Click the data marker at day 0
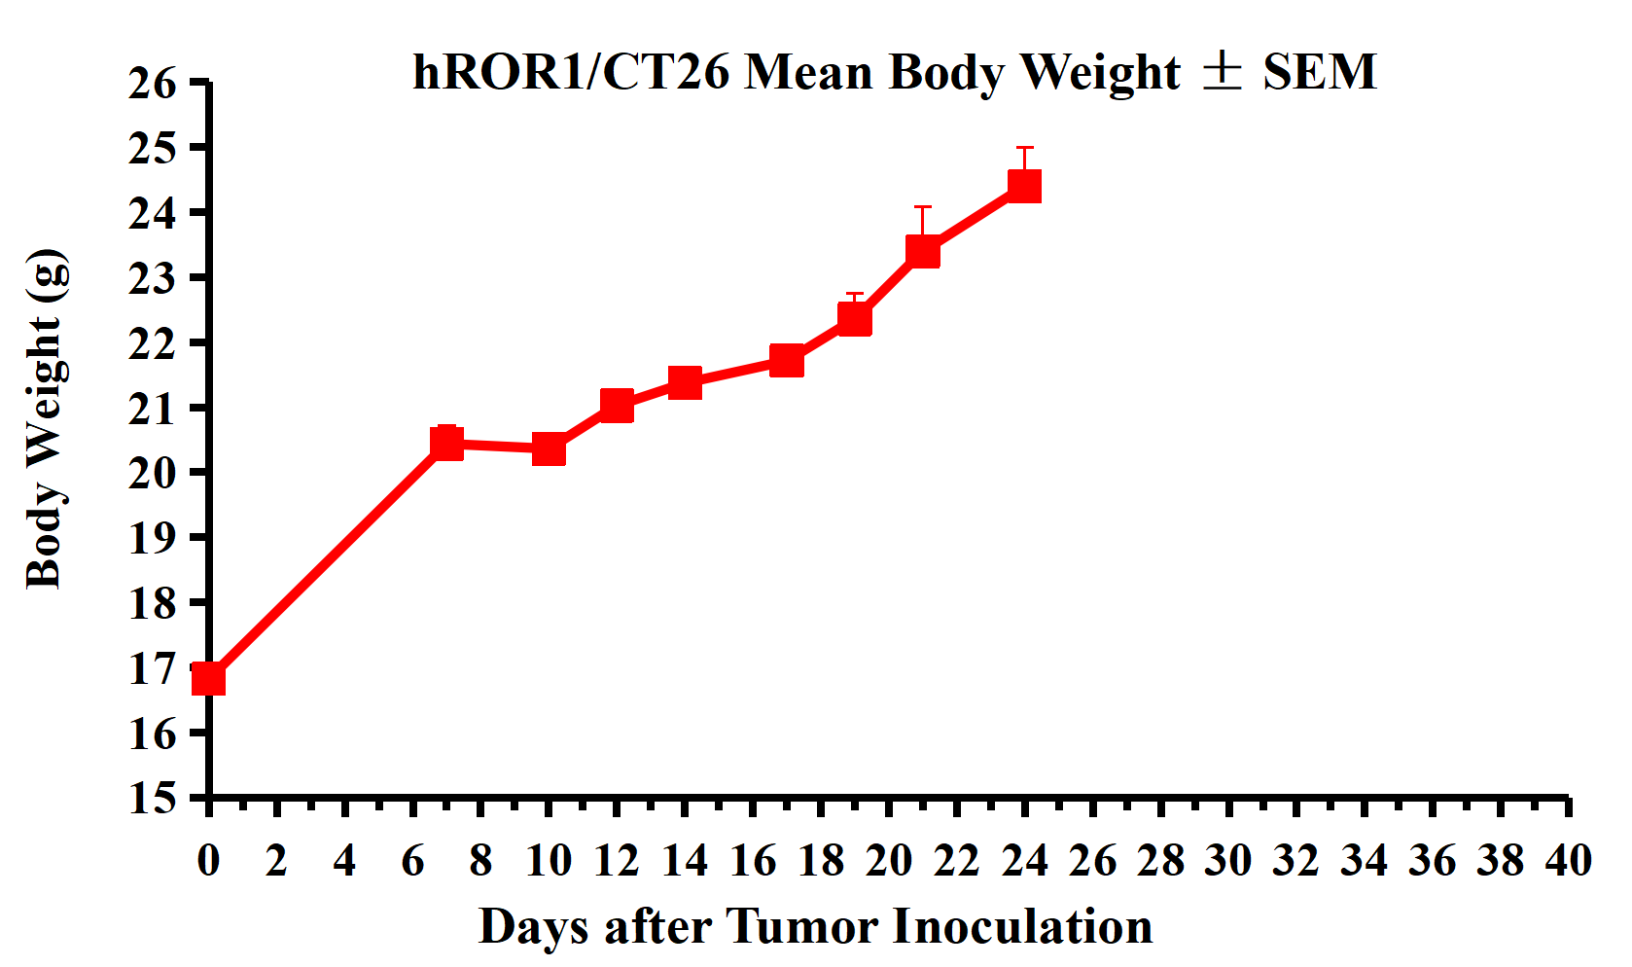click(209, 678)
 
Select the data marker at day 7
click(446, 444)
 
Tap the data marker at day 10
click(549, 449)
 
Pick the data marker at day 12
click(617, 405)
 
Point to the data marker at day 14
click(685, 382)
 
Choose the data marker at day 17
click(787, 360)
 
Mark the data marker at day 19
click(855, 318)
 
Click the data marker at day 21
click(923, 251)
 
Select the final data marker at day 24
click(1025, 185)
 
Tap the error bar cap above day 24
click(1025, 148)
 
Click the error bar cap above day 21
click(923, 207)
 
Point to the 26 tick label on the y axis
click(154, 84)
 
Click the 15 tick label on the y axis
click(154, 798)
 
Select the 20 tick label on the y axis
click(154, 473)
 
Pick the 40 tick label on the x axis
click(1568, 860)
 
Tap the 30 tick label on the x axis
click(1227, 860)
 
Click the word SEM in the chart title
click(1320, 72)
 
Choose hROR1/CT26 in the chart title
click(571, 72)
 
